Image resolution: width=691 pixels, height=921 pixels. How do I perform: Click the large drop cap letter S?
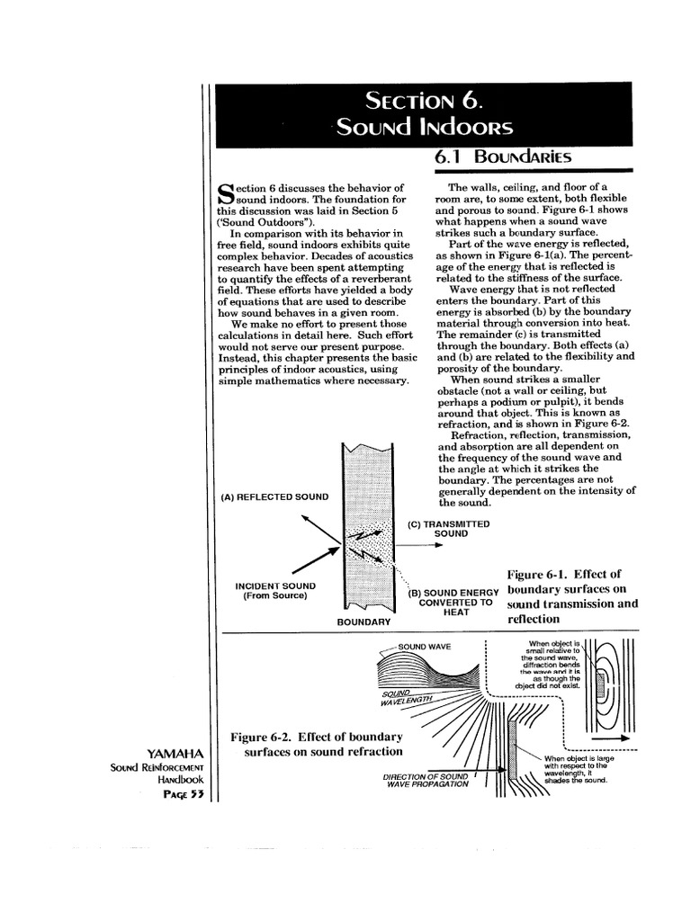click(227, 193)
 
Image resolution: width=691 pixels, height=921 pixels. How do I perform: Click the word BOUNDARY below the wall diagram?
click(363, 621)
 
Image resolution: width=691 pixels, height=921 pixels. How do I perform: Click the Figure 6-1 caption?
click(572, 596)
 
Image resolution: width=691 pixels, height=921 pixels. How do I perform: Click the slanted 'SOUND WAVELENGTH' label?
click(407, 697)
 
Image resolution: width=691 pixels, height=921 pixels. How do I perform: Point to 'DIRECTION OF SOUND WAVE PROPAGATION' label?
click(426, 780)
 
